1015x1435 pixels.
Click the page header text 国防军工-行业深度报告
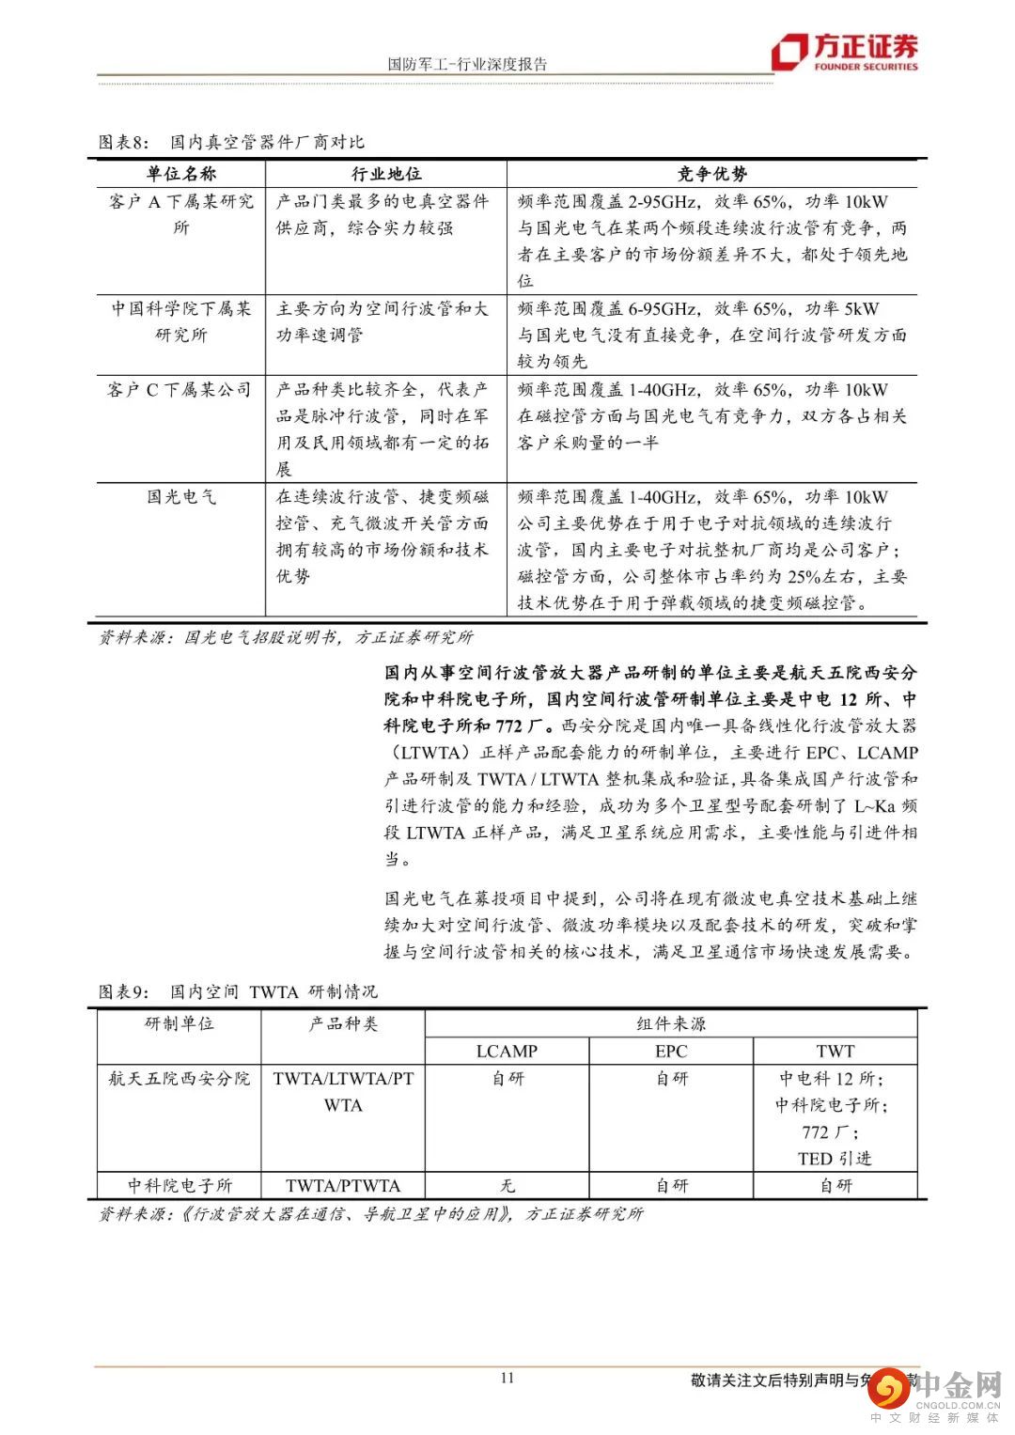coord(467,64)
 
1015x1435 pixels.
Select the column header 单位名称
coord(181,174)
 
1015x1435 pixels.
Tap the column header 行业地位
coord(386,174)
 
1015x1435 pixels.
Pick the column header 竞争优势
coord(712,174)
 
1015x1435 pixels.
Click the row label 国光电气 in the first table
coord(181,496)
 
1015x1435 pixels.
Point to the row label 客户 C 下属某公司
coord(180,389)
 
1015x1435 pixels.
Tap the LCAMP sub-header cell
coord(507,1051)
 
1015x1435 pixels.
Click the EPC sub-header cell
coord(671,1051)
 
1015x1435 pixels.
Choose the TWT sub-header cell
coord(835,1051)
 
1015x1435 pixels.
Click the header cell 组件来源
coord(671,1023)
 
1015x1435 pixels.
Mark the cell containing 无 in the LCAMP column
coord(507,1185)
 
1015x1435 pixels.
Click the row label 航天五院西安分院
coord(180,1078)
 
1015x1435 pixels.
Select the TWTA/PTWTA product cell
coord(343,1185)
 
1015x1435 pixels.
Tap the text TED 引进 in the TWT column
coord(835,1158)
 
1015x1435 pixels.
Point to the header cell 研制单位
coord(180,1023)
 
